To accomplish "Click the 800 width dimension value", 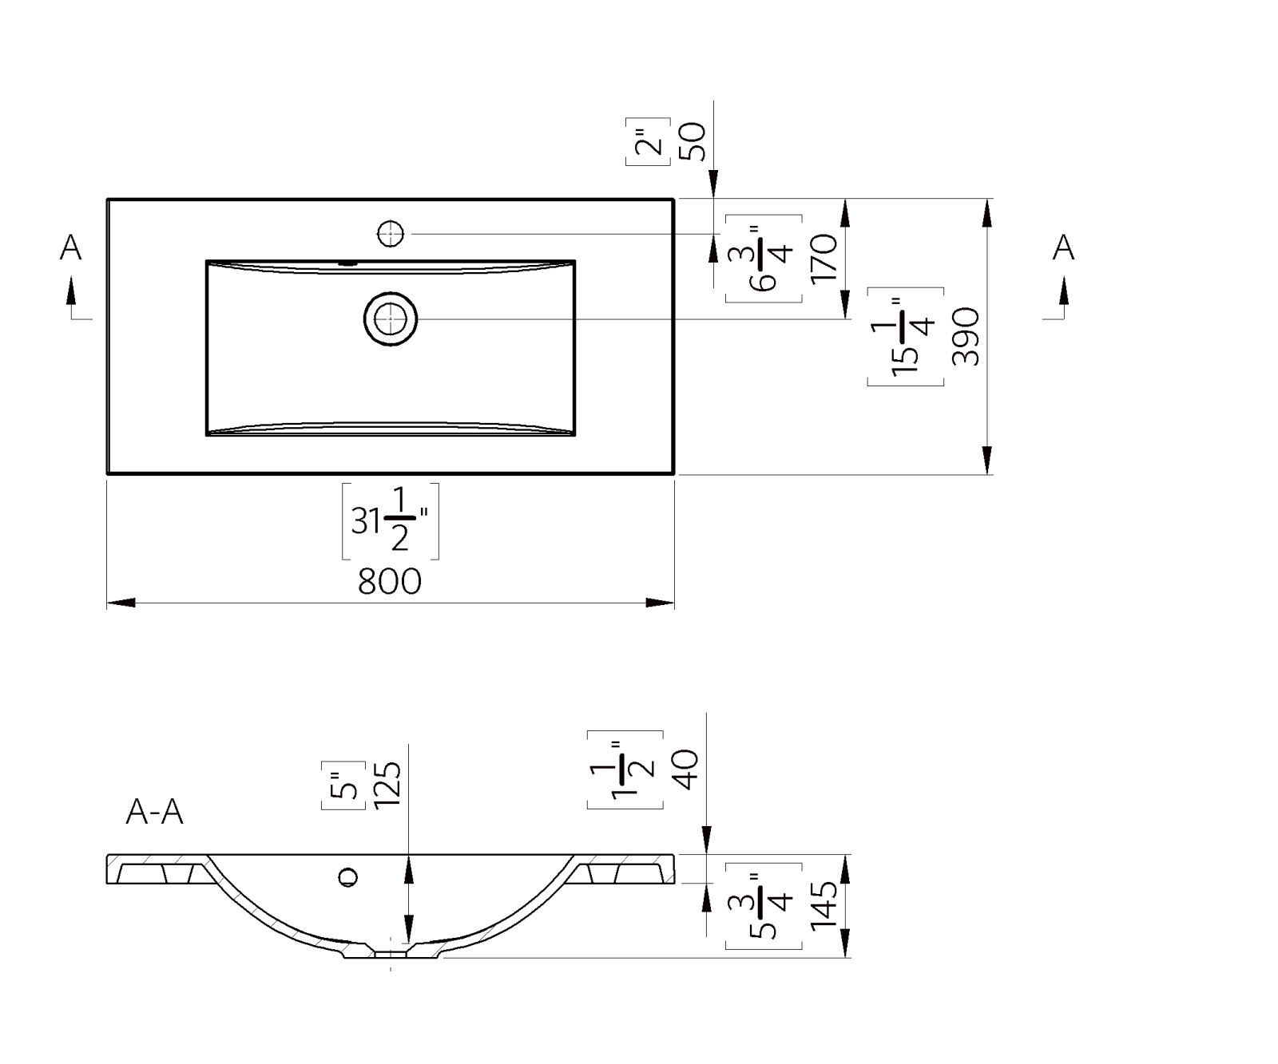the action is (389, 581).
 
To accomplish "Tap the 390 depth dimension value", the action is (966, 336).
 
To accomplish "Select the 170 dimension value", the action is (824, 258).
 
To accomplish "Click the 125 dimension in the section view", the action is (387, 785).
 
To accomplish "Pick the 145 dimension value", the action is (824, 905).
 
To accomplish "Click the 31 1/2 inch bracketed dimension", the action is (391, 521).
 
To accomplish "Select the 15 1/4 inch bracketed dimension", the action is (906, 337).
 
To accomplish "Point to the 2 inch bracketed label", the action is (648, 141).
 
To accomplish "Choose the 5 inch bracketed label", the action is (343, 785).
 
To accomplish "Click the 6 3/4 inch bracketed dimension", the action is (764, 259).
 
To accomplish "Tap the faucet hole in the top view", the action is (391, 234).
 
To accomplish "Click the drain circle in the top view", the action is (391, 319).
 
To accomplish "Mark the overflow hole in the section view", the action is (347, 877).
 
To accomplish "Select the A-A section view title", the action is (155, 812).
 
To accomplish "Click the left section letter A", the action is (71, 247).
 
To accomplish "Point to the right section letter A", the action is (1063, 247).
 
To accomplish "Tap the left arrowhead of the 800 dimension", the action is (121, 603).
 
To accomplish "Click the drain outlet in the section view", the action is (391, 952).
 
